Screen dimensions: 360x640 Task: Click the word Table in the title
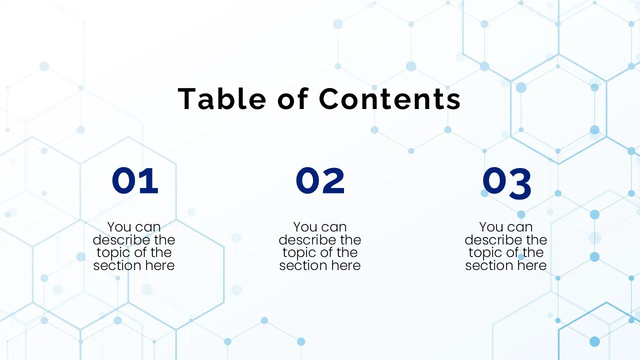(222, 98)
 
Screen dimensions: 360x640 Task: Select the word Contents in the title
(390, 98)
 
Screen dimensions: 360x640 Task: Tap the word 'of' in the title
(294, 98)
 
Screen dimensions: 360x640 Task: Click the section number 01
(135, 181)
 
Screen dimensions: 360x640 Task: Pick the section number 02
(320, 181)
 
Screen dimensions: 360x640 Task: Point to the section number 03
(506, 182)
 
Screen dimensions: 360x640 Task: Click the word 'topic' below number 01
(112, 253)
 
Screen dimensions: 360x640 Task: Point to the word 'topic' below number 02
(298, 253)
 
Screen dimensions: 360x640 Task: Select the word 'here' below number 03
(531, 265)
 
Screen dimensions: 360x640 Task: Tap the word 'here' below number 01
(159, 265)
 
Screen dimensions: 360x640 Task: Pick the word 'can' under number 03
(519, 227)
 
